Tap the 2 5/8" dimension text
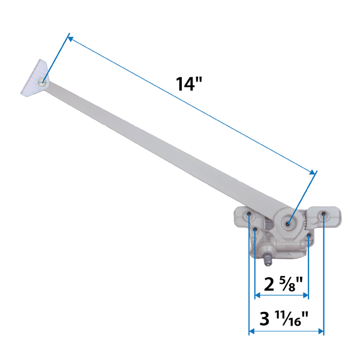[281, 281]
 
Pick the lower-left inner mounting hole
[256, 229]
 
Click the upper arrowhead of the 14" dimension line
[70, 38]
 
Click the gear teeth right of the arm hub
[307, 224]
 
